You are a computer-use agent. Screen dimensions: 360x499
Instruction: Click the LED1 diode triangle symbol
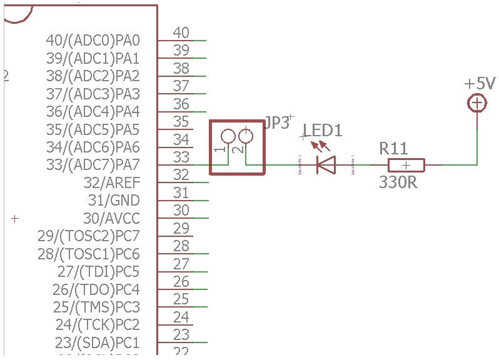click(x=325, y=165)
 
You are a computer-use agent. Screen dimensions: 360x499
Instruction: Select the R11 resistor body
click(x=406, y=165)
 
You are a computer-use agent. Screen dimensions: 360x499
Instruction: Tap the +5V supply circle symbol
click(x=477, y=103)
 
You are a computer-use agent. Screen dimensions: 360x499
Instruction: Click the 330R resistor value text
click(x=398, y=183)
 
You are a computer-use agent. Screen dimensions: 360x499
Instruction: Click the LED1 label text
click(x=323, y=131)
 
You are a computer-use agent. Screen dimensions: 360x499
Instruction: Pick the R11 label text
click(x=393, y=149)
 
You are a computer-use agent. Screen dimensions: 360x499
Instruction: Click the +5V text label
click(x=479, y=84)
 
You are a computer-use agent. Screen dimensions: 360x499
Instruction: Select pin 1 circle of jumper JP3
click(x=227, y=136)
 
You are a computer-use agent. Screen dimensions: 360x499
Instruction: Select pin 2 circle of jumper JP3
click(x=246, y=136)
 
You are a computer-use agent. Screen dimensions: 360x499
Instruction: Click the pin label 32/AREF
click(x=112, y=183)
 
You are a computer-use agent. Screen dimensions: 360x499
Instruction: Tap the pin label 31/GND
click(x=113, y=201)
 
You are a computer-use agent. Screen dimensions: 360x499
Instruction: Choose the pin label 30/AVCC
click(x=111, y=219)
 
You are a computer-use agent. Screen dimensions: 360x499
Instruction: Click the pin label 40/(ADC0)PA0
click(x=93, y=41)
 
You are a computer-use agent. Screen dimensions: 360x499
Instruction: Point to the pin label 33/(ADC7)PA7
click(x=93, y=165)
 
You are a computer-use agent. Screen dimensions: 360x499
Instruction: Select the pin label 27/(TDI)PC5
click(x=98, y=272)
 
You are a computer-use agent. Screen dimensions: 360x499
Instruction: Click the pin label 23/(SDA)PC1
click(x=97, y=343)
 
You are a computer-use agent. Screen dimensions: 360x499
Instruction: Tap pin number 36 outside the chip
click(x=181, y=104)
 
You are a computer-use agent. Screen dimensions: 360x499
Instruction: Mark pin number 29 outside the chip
click(x=181, y=228)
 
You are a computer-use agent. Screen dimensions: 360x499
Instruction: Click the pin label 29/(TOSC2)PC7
click(x=88, y=236)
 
